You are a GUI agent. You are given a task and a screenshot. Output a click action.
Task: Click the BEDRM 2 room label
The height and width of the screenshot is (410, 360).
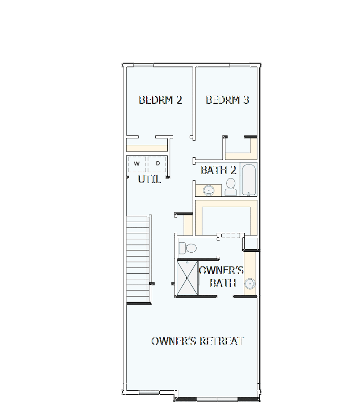160,100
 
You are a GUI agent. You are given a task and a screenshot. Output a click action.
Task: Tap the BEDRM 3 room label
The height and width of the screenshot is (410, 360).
227,100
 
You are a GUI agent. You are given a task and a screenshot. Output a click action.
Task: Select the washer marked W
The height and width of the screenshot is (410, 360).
137,164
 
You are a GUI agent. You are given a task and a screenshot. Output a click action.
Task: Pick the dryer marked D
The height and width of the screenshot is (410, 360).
157,164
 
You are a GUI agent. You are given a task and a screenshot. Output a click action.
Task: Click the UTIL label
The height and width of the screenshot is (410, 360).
149,179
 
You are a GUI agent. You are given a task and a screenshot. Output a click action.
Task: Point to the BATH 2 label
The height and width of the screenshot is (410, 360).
219,170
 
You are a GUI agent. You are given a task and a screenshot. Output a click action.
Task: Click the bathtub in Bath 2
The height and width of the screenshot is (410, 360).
249,180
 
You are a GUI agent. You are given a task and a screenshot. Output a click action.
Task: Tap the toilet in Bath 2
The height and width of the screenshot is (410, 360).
231,186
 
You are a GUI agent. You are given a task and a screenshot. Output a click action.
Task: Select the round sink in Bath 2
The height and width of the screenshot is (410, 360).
209,191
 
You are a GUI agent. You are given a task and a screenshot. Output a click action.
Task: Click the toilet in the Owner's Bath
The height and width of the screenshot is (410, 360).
187,248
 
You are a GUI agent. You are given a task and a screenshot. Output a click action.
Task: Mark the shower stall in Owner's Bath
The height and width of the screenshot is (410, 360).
187,278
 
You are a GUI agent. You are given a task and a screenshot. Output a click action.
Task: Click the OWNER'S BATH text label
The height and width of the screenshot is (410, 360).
221,276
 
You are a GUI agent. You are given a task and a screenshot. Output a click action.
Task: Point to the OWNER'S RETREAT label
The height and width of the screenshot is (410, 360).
197,341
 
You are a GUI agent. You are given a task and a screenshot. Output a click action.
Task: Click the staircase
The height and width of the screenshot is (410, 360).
138,259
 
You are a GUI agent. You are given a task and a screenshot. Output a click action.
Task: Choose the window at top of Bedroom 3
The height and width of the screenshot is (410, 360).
239,65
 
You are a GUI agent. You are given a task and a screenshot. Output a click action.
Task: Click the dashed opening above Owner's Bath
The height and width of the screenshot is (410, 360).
231,235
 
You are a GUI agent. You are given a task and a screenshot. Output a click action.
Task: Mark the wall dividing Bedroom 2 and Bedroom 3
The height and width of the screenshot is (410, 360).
194,101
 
